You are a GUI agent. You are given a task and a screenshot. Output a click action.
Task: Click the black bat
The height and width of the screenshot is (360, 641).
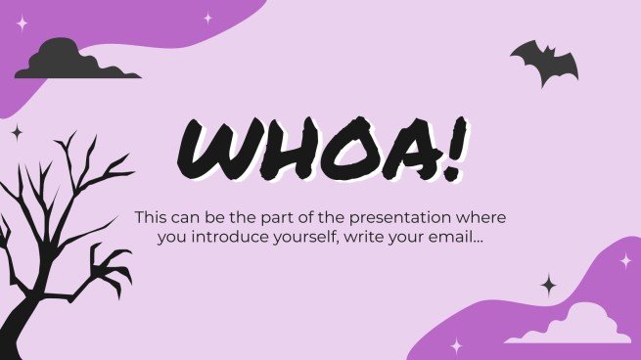(x=544, y=62)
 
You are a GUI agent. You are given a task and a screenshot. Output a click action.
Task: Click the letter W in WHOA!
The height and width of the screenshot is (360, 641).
(x=217, y=151)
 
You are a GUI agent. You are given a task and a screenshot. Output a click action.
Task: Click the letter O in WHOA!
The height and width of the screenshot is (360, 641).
(x=340, y=153)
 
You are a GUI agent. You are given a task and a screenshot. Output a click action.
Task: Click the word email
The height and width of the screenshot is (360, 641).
(x=458, y=238)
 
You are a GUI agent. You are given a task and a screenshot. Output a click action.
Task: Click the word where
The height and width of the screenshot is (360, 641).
(x=484, y=216)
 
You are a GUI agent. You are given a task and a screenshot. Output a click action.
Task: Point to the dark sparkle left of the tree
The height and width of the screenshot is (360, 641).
(x=17, y=132)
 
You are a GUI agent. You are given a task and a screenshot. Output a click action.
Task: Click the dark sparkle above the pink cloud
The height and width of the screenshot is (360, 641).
(x=549, y=285)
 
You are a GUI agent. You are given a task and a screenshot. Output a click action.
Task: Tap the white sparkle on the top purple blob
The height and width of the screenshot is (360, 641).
(x=207, y=18)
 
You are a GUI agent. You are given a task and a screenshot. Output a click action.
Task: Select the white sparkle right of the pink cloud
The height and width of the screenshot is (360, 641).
(x=624, y=260)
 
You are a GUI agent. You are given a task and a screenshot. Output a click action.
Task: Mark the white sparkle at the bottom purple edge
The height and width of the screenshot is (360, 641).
(x=456, y=344)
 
